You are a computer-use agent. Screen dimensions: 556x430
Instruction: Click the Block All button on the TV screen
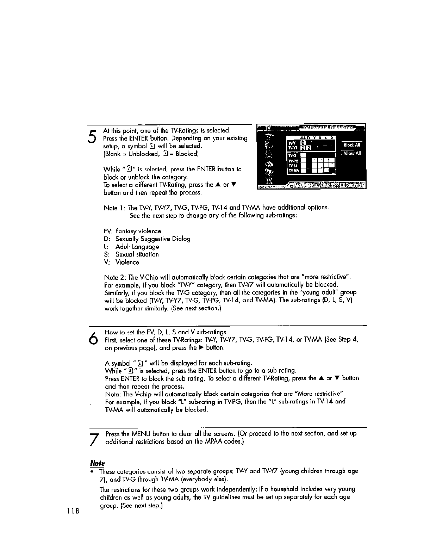pyautogui.click(x=352, y=145)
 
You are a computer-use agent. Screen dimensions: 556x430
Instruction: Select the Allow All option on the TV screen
pyautogui.click(x=352, y=153)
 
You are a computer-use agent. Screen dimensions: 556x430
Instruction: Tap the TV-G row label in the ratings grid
pyautogui.click(x=292, y=155)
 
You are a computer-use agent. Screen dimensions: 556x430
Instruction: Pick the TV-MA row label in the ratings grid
pyautogui.click(x=293, y=171)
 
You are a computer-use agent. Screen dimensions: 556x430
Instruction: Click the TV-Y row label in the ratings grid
pyautogui.click(x=292, y=143)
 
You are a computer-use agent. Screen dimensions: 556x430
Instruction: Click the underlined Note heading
pyautogui.click(x=98, y=463)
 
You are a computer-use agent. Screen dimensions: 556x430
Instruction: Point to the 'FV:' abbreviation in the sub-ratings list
pyautogui.click(x=108, y=231)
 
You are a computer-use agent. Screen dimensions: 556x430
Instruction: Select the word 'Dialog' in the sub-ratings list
pyautogui.click(x=182, y=239)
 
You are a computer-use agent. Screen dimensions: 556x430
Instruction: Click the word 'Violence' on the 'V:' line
pyautogui.click(x=127, y=262)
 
